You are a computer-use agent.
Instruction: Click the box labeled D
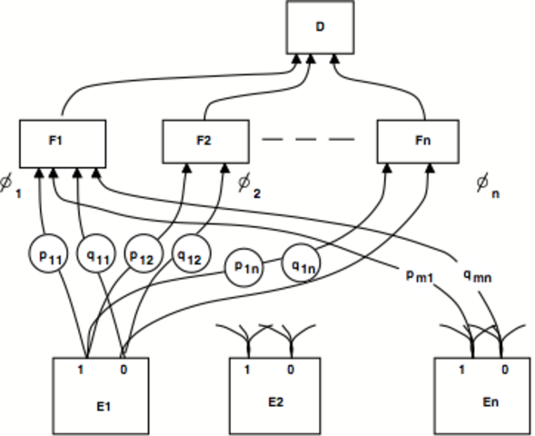(x=319, y=27)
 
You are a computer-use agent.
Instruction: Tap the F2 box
(x=204, y=141)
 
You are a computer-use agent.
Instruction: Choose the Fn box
(x=421, y=141)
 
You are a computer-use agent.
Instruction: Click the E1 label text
(x=103, y=405)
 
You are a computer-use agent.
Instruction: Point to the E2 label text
(x=275, y=401)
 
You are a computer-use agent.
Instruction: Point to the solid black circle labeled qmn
(x=474, y=275)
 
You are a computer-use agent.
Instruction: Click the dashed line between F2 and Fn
(x=308, y=140)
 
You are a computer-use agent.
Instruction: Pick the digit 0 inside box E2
(x=291, y=370)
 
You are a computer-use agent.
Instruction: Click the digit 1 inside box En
(x=462, y=370)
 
